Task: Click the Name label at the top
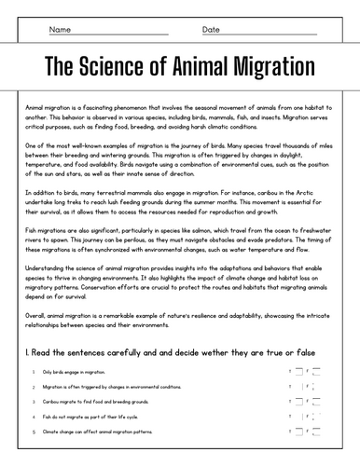click(59, 29)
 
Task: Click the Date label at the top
click(211, 29)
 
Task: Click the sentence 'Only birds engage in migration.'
click(65, 372)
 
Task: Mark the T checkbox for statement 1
click(298, 372)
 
